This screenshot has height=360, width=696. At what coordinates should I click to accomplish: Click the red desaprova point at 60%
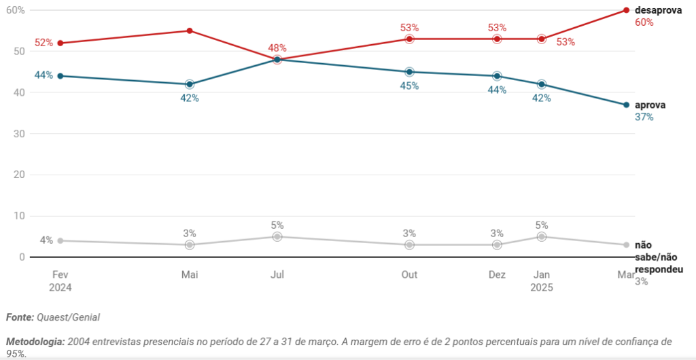click(626, 10)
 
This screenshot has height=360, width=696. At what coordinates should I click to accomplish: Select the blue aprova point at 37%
click(626, 105)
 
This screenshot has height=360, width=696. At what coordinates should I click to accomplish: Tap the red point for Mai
click(190, 31)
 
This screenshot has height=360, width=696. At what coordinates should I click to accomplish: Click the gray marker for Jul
click(277, 236)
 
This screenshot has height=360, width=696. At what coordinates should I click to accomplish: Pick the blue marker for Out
click(409, 72)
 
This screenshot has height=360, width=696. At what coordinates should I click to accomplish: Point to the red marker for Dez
click(497, 39)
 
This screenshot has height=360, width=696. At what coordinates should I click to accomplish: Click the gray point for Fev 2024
click(60, 240)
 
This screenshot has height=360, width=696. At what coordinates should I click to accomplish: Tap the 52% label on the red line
click(43, 43)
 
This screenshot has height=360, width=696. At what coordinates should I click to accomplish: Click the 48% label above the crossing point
click(277, 48)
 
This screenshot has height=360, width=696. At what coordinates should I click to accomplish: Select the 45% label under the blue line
click(409, 86)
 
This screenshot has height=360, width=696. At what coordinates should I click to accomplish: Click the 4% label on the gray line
click(46, 240)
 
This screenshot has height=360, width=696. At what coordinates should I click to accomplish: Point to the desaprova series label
click(658, 10)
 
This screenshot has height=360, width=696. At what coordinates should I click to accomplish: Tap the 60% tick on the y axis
click(16, 10)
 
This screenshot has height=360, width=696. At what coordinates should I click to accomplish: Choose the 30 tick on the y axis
click(19, 134)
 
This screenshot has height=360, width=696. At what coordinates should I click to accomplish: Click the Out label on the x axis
click(409, 274)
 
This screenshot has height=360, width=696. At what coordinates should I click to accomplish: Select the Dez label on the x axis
click(497, 274)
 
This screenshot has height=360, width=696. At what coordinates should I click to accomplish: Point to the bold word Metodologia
click(35, 341)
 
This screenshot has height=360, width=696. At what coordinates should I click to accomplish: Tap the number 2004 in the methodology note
click(80, 341)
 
